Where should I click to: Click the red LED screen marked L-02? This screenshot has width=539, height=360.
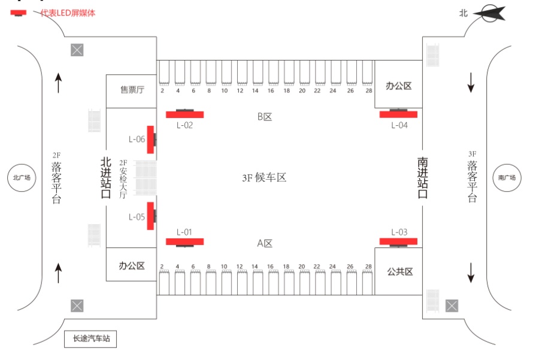184,114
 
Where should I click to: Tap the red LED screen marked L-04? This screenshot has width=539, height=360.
398,114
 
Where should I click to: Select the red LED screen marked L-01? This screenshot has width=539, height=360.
184,242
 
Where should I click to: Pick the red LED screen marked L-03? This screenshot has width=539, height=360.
398,242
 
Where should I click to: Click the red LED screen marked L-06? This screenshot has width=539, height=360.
150,140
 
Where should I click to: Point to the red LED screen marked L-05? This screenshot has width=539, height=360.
150,216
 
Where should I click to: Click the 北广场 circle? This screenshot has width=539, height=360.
22,178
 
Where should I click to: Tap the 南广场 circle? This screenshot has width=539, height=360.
507,178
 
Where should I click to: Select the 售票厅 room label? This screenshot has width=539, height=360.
132,90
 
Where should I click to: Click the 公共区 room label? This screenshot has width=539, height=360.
400,271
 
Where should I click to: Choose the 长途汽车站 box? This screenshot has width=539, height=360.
90,339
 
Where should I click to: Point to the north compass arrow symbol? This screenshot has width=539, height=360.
489,13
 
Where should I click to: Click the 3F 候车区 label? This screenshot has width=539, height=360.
264,177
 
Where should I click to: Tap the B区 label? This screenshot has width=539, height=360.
265,117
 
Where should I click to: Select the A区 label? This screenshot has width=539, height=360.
265,243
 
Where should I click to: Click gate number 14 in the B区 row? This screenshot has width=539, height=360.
255,91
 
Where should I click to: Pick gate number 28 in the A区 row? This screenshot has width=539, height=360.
368,267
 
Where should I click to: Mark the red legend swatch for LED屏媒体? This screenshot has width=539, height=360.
18,13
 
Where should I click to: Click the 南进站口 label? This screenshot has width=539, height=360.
422,178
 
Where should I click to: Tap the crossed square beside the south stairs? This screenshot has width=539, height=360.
452,305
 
